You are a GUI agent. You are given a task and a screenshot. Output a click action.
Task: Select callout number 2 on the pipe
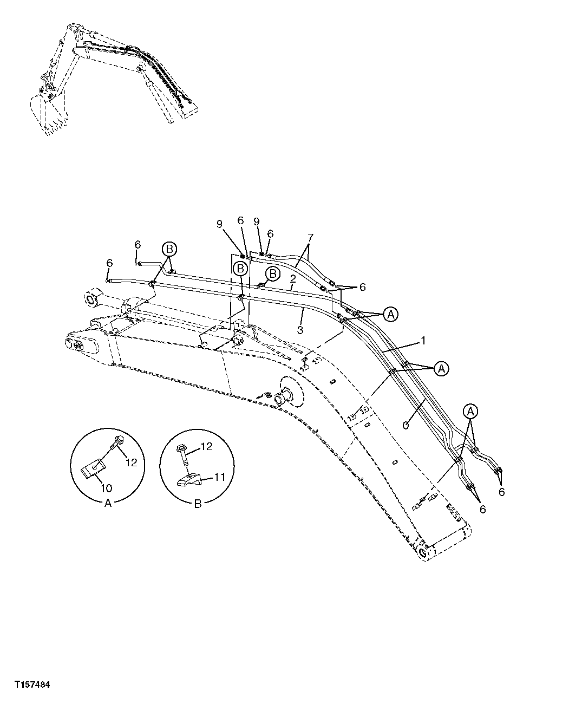(x=292, y=278)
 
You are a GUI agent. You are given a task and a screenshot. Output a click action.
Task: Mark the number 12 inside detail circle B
(x=207, y=446)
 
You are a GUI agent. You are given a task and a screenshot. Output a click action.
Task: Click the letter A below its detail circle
(x=107, y=503)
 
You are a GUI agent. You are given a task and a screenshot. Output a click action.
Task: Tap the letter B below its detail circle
(x=198, y=503)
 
